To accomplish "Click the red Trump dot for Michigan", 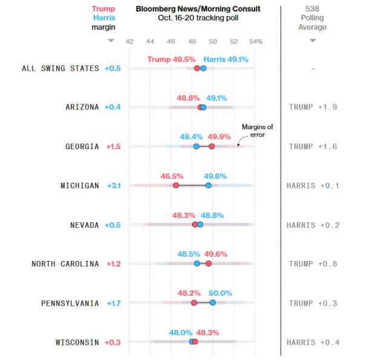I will (x=176, y=185).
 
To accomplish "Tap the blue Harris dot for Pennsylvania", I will (x=213, y=303).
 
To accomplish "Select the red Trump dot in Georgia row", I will (x=212, y=146).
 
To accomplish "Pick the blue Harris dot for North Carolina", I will (x=197, y=263).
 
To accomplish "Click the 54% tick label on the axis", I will (x=255, y=41).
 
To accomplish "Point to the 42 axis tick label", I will (x=129, y=41).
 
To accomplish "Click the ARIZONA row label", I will (x=82, y=107).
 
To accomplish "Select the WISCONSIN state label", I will (x=77, y=342).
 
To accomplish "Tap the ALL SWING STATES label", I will (x=60, y=68).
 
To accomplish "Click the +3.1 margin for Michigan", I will (x=113, y=185).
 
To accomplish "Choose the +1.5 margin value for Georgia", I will (x=113, y=146).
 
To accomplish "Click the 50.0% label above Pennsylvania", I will (x=221, y=293).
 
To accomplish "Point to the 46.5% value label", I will (x=172, y=176).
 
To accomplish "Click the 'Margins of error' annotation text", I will (x=258, y=130).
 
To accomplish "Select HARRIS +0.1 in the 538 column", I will (x=313, y=185).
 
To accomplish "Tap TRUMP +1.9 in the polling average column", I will (x=313, y=107).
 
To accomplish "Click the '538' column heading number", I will (x=313, y=9).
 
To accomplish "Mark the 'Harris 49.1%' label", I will (x=226, y=59).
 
